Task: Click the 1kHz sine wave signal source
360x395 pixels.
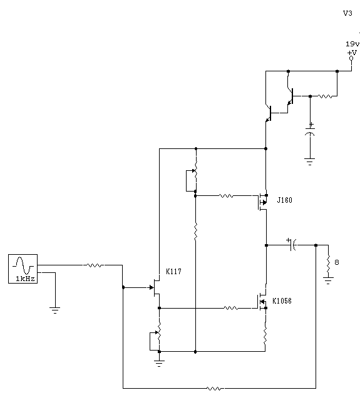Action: point(23,269)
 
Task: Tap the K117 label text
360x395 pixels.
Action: point(173,272)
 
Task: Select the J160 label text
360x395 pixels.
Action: point(285,200)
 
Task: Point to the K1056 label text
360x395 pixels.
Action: point(282,301)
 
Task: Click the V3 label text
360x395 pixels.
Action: point(347,13)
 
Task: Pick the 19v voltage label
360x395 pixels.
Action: point(352,44)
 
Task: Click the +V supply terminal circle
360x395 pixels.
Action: point(351,58)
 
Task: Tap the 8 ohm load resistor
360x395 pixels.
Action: point(328,264)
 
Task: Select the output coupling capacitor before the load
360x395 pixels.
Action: point(292,245)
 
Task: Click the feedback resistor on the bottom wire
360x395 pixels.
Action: point(215,389)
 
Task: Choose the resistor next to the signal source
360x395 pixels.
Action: point(94,265)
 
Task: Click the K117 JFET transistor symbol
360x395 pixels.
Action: point(154,287)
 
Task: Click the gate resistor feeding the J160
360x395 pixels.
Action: point(226,196)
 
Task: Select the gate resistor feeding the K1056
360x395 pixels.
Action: point(231,308)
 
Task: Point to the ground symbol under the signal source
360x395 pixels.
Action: point(55,310)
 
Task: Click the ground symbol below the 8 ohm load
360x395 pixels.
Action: point(328,280)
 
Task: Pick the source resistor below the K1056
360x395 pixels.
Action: point(265,336)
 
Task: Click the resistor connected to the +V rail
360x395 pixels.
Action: point(325,96)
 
